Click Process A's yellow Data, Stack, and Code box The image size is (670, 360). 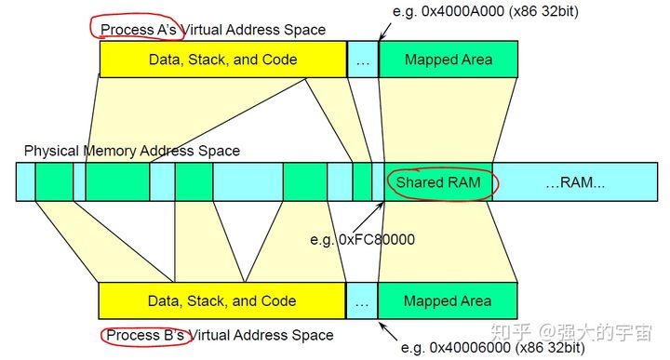click(222, 60)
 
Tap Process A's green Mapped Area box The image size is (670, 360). click(448, 60)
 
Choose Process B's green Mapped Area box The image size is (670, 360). click(448, 301)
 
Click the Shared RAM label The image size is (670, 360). click(438, 182)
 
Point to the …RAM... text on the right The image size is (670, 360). click(574, 182)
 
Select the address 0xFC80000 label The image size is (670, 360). click(375, 240)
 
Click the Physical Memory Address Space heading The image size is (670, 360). click(132, 151)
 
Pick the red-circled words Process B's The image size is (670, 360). click(144, 335)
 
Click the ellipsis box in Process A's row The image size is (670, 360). click(362, 60)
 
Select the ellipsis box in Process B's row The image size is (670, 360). click(362, 301)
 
